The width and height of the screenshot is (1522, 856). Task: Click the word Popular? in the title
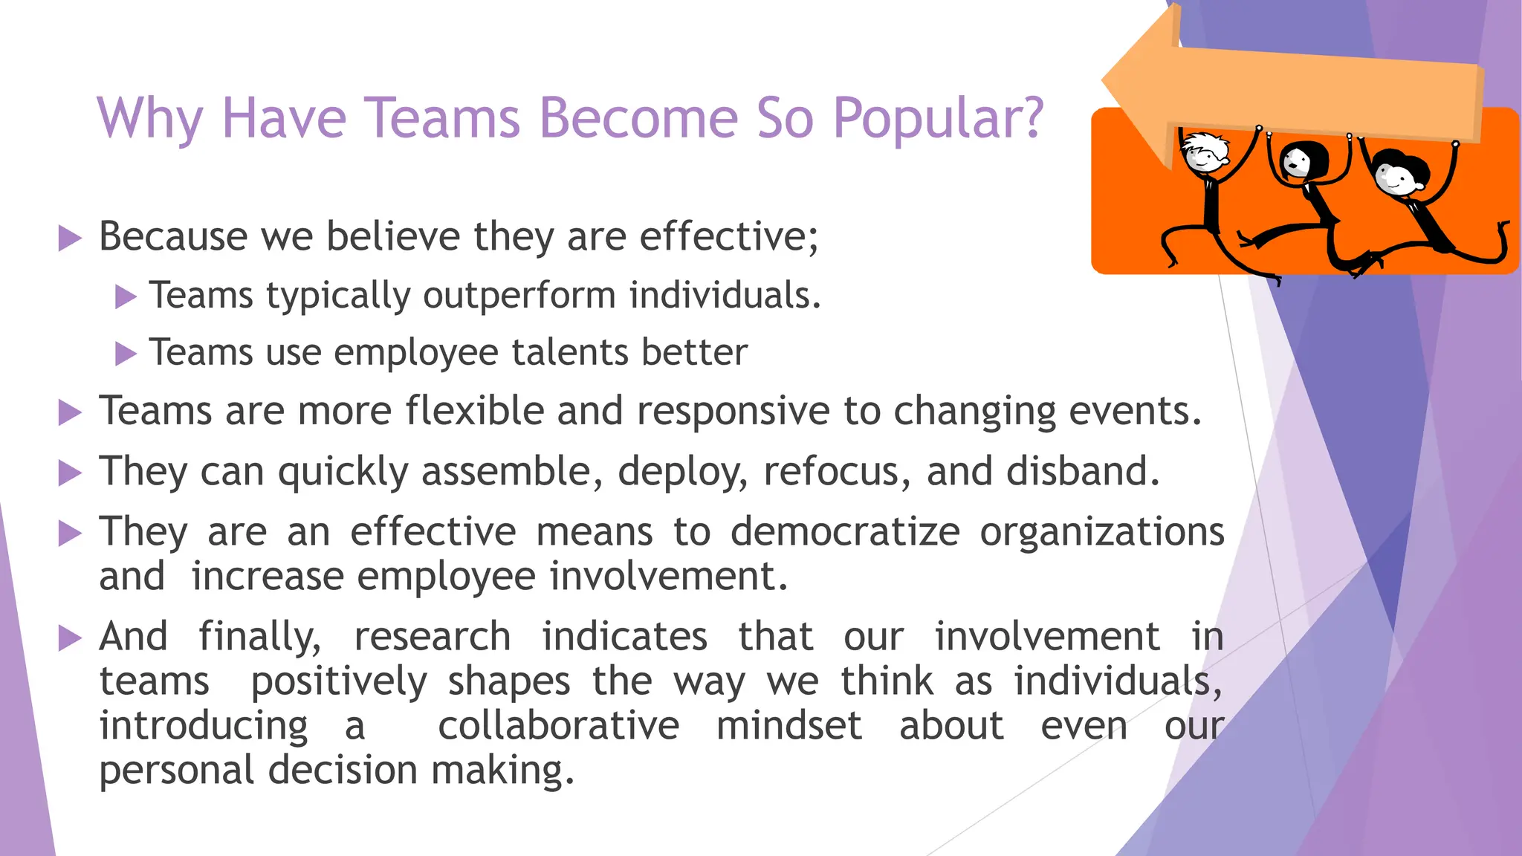[938, 119]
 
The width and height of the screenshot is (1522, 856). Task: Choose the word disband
[1083, 471]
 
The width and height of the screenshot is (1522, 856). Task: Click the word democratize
[845, 532]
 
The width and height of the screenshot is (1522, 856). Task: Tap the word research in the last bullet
[432, 637]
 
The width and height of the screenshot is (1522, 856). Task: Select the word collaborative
[558, 726]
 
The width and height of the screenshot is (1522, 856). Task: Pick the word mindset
[788, 726]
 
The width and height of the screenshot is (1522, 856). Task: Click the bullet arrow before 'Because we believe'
[70, 239]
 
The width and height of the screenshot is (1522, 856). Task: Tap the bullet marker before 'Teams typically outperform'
[126, 297]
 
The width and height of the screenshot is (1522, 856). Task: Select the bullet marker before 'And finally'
[70, 638]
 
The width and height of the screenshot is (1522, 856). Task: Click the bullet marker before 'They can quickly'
[70, 473]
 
